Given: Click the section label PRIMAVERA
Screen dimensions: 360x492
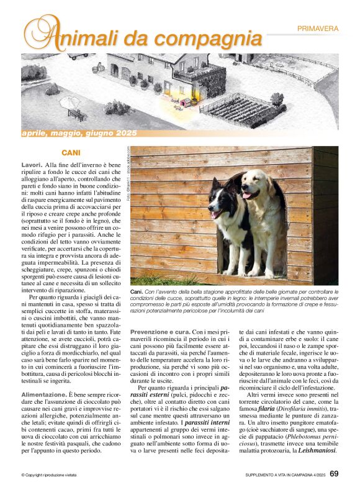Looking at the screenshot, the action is coord(318,29).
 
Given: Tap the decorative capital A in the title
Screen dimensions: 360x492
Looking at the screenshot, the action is coord(38,34).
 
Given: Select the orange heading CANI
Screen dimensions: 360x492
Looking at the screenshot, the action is coord(71,152).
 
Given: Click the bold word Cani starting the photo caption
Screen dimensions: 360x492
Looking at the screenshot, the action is coord(137,291).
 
